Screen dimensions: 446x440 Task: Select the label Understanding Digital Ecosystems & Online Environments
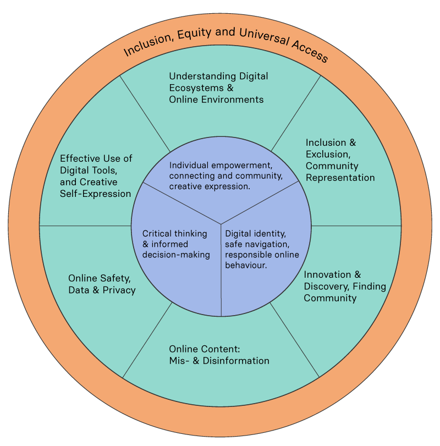coord(218,88)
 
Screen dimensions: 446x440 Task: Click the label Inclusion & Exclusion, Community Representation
coord(340,160)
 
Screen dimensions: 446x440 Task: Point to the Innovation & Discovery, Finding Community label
coord(345,286)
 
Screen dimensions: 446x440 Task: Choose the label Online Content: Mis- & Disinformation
coord(219,355)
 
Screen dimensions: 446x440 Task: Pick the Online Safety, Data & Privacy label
coord(102,284)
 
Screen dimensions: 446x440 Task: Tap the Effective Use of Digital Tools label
coord(96,176)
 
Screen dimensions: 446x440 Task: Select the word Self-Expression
coord(96,194)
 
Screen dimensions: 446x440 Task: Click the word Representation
coord(340,178)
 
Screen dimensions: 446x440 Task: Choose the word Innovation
coord(327,274)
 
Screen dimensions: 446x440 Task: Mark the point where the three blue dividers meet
coord(221,224)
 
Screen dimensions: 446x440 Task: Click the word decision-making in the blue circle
coord(176,254)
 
